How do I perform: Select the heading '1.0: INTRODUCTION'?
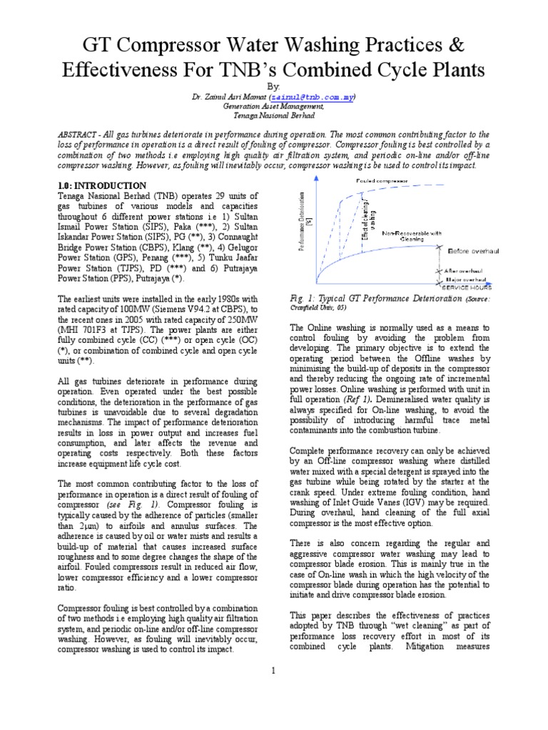pos(102,185)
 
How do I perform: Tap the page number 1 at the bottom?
pos(273,670)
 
